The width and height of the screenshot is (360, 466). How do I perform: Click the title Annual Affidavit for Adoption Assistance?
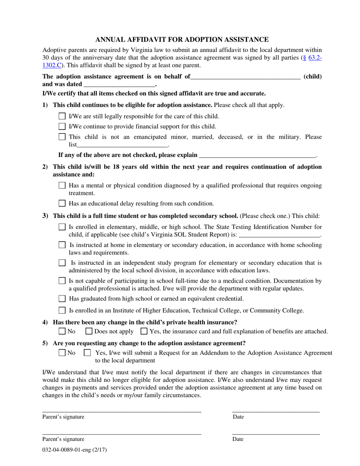(182, 39)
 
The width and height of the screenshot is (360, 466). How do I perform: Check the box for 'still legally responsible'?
(63, 116)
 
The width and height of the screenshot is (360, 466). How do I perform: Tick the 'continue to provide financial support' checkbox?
(63, 127)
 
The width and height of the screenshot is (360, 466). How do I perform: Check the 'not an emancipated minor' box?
(63, 137)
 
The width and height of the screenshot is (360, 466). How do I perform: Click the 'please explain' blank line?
(257, 155)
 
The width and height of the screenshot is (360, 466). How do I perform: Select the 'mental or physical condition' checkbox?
(63, 186)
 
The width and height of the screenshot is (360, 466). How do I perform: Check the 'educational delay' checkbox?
(63, 203)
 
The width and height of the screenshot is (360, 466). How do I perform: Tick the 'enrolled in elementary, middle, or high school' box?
(63, 227)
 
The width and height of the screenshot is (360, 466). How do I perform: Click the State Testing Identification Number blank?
(280, 235)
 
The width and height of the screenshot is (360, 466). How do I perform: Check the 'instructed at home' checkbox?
(63, 245)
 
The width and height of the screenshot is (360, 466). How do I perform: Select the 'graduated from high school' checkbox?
(63, 299)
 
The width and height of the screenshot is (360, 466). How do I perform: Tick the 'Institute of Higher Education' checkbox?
(63, 311)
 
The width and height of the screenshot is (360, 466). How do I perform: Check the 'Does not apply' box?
(89, 332)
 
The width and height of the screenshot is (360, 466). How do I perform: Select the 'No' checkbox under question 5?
(63, 353)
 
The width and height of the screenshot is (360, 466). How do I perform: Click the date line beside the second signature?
(275, 433)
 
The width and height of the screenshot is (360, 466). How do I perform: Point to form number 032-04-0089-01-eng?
(75, 450)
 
